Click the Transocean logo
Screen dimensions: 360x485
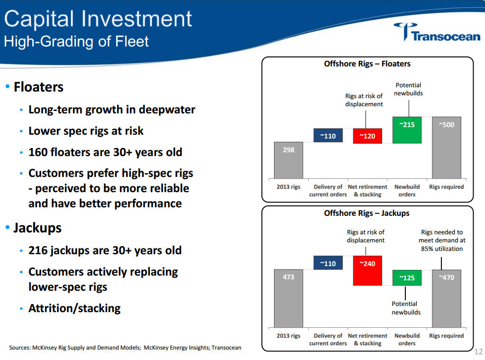[437, 32]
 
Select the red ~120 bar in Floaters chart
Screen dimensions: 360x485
[367, 136]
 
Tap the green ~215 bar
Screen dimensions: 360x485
[407, 130]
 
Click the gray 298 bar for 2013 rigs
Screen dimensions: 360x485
[289, 160]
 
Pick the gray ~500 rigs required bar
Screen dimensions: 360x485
[446, 147]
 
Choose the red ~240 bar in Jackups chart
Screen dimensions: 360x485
[367, 270]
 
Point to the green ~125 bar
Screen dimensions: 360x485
[407, 277]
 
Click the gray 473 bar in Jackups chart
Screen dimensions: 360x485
[289, 298]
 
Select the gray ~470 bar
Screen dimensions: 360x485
[446, 298]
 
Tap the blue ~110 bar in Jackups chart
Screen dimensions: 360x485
[328, 263]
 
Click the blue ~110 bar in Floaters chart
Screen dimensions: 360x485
[328, 136]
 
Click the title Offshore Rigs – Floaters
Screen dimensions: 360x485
[367, 64]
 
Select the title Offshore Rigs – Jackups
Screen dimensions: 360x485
[366, 213]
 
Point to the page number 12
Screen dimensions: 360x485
[478, 351]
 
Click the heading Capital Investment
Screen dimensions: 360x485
[98, 19]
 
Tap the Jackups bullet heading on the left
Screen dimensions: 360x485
[37, 228]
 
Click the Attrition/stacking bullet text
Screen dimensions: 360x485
[74, 308]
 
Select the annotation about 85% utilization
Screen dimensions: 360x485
[442, 240]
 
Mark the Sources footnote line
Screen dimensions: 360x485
[125, 348]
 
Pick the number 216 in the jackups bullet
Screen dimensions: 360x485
[38, 250]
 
